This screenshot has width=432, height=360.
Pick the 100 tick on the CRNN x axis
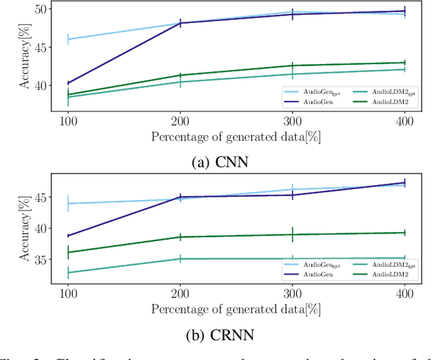click(67, 292)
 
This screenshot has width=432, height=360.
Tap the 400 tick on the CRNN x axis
click(404, 292)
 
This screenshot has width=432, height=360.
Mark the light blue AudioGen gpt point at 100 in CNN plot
click(67, 39)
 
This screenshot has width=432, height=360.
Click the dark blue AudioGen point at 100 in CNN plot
click(67, 83)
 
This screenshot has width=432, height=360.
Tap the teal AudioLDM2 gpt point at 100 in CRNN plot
click(67, 273)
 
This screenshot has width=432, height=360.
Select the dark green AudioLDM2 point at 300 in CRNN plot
click(292, 234)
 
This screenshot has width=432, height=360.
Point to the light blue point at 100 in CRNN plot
click(67, 203)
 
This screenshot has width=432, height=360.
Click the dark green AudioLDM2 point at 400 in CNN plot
click(404, 63)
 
